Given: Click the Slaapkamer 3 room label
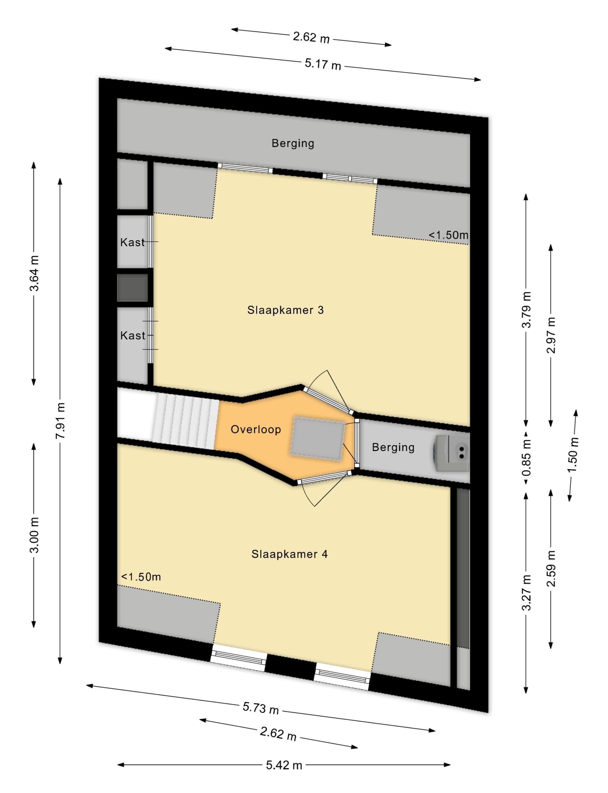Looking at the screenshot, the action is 285,310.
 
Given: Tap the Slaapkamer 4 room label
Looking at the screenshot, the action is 290,554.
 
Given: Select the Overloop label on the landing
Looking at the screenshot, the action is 256,429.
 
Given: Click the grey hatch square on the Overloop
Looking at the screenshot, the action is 318,439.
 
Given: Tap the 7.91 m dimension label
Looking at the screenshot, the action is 61,420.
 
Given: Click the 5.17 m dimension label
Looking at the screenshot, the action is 323,64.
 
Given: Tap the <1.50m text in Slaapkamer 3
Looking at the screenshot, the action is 448,235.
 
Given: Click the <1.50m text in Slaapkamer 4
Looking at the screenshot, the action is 141,577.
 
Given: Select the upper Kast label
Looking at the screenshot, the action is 133,242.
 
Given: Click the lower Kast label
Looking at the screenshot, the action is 133,336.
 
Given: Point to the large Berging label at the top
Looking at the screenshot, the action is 293,143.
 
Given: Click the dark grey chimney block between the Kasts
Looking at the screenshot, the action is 133,287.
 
